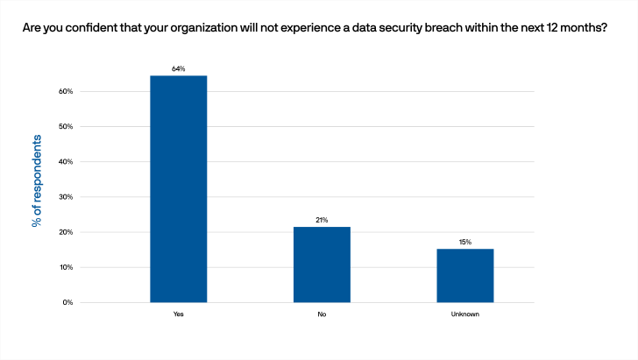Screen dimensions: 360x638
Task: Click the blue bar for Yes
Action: pyautogui.click(x=178, y=189)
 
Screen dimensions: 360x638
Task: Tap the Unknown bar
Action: pyautogui.click(x=465, y=275)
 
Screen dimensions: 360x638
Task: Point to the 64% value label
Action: pyautogui.click(x=179, y=67)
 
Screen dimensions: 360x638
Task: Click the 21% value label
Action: pyautogui.click(x=322, y=220)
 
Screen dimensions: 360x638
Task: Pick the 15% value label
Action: pyautogui.click(x=465, y=241)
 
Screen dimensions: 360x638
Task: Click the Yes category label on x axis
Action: pyautogui.click(x=179, y=314)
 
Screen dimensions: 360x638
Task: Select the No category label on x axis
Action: pyautogui.click(x=322, y=314)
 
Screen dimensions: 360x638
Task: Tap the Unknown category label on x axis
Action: pyautogui.click(x=465, y=314)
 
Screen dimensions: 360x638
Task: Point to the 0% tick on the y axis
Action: pyautogui.click(x=66, y=303)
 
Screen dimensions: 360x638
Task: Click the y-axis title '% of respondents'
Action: pyautogui.click(x=37, y=181)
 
